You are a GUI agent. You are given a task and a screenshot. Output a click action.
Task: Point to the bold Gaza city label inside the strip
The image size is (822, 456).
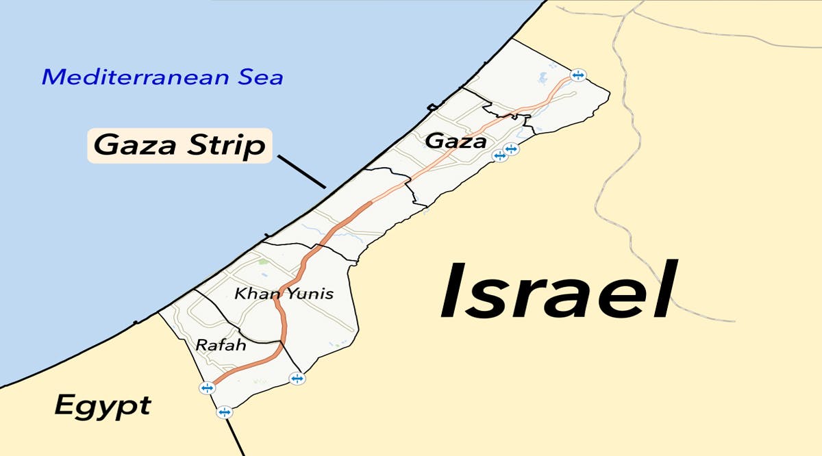pyautogui.click(x=456, y=142)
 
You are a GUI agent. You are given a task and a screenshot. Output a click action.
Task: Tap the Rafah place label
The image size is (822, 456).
pyautogui.click(x=221, y=345)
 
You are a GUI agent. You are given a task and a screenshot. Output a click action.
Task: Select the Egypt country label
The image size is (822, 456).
pyautogui.click(x=103, y=407)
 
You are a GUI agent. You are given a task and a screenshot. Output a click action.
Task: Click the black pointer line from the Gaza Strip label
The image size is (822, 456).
pyautogui.click(x=301, y=170)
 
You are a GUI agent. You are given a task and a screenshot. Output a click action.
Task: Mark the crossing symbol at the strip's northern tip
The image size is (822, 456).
pyautogui.click(x=578, y=75)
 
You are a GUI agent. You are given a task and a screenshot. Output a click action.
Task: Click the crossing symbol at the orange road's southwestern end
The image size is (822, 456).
pyautogui.click(x=207, y=388)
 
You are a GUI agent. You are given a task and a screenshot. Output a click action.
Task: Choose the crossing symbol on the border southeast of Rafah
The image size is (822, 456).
pyautogui.click(x=297, y=378)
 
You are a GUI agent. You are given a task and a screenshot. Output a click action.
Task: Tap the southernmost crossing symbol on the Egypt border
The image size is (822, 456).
pyautogui.click(x=224, y=412)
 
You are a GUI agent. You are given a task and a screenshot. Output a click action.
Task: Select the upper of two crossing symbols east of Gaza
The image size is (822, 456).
pyautogui.click(x=510, y=149)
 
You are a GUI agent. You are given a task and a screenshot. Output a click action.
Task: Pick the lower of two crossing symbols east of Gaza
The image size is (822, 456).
pyautogui.click(x=500, y=156)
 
